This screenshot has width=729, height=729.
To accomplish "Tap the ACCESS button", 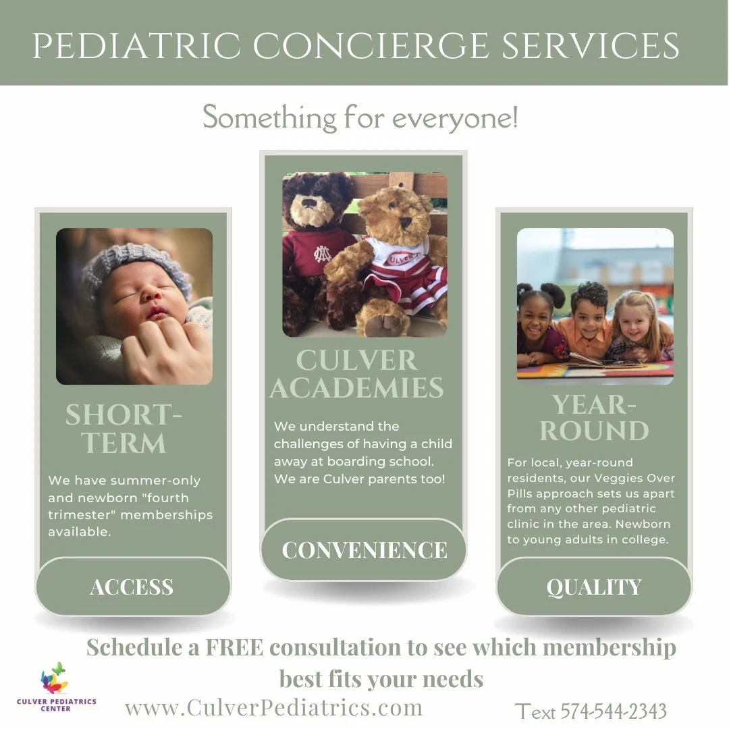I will [132, 587].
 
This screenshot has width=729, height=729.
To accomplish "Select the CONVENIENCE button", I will [364, 549].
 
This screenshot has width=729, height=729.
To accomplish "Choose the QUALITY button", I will [594, 587].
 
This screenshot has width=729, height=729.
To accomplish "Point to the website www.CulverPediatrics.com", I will [273, 707].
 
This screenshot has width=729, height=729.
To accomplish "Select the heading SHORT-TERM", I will [124, 429].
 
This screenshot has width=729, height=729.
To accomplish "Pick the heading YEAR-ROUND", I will [594, 418].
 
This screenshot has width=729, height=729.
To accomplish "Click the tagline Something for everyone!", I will [361, 119].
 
